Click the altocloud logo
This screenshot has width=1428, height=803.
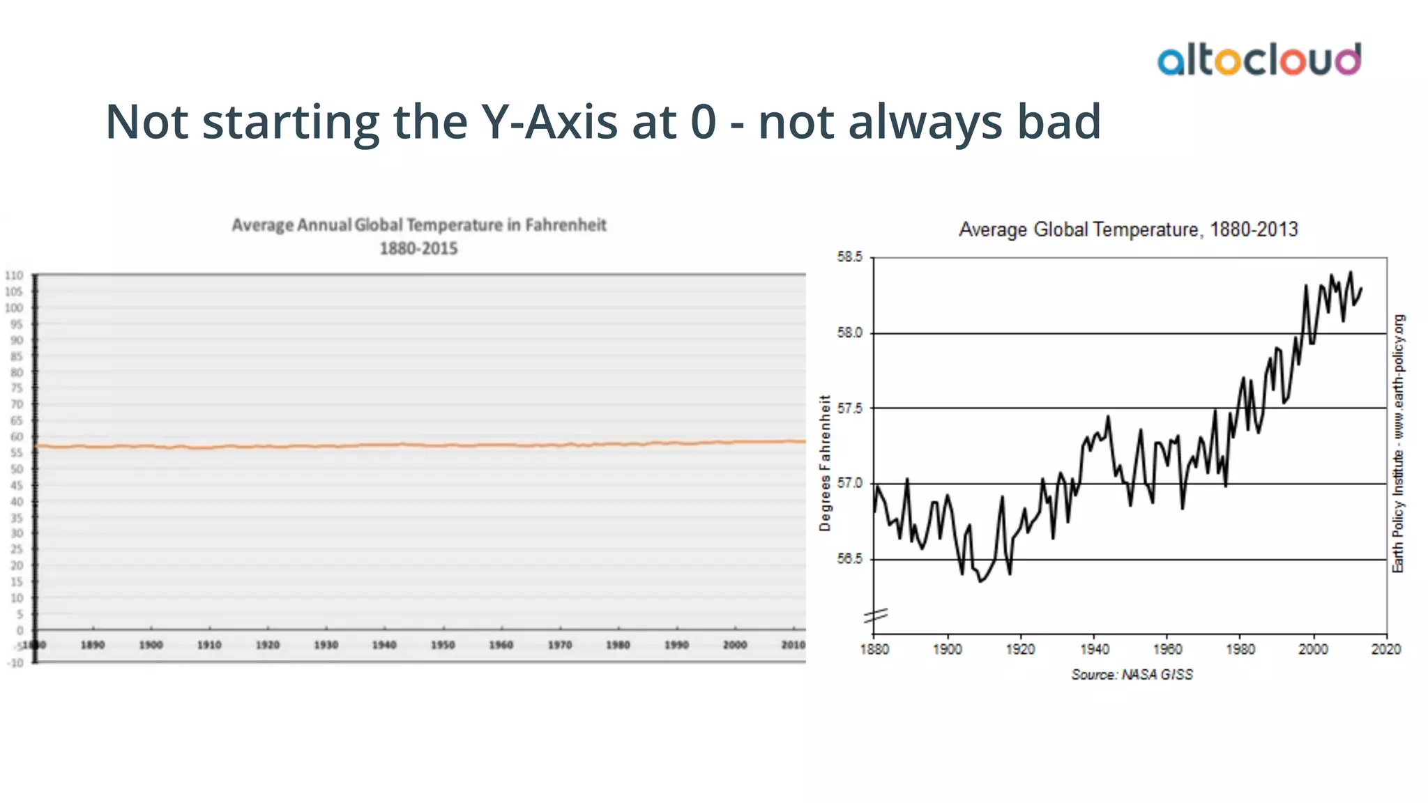tap(1259, 60)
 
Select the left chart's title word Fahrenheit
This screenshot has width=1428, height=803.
tap(565, 225)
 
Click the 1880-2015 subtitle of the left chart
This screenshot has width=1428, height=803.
tap(418, 249)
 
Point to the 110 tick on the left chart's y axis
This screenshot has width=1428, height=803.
tap(15, 276)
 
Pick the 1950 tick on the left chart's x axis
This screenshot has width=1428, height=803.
tap(443, 645)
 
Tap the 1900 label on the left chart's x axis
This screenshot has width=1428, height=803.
tap(151, 645)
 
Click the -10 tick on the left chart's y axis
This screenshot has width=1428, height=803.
tap(15, 663)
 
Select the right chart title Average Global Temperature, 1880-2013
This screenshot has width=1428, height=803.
tap(1127, 229)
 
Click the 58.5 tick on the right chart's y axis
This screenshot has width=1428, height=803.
tap(849, 257)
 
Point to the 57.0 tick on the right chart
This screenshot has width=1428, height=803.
tap(849, 483)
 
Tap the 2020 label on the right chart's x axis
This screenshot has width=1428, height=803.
tap(1385, 650)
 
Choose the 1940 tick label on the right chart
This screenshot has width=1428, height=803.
tap(1094, 650)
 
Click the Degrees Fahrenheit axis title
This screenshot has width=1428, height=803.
tap(826, 464)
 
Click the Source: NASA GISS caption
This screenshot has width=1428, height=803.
tap(1132, 675)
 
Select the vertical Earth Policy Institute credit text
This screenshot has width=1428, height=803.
tap(1398, 444)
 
